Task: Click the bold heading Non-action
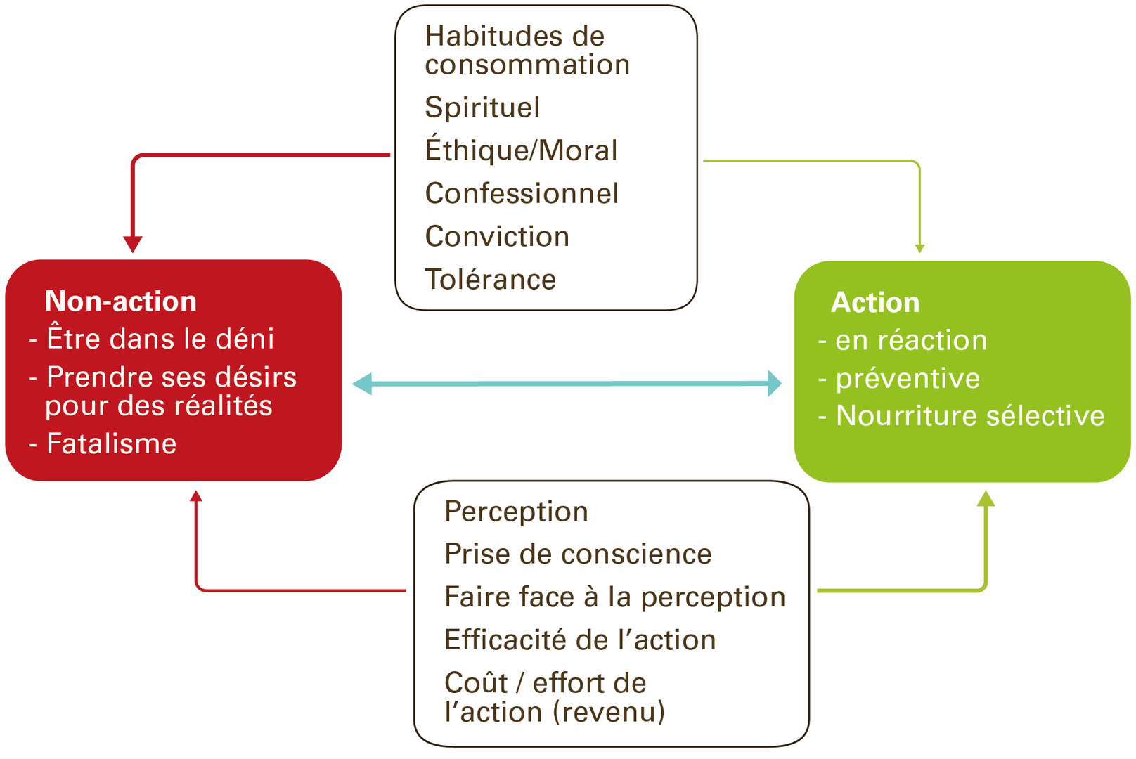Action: [120, 301]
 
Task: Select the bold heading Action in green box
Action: [875, 303]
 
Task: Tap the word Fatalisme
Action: [111, 444]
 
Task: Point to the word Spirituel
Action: [482, 108]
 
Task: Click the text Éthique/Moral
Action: [521, 150]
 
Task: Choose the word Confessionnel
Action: [522, 194]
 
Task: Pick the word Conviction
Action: [497, 237]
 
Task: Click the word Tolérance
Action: [491, 280]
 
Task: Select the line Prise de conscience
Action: [578, 554]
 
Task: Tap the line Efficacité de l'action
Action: [580, 640]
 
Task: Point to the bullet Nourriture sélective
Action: [969, 416]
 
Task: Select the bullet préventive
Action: [908, 379]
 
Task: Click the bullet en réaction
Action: [911, 341]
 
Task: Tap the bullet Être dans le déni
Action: [160, 339]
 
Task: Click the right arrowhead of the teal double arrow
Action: [773, 384]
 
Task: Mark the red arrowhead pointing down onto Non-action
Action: [133, 244]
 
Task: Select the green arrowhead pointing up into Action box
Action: [986, 499]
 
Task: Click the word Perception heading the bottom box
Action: [516, 512]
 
